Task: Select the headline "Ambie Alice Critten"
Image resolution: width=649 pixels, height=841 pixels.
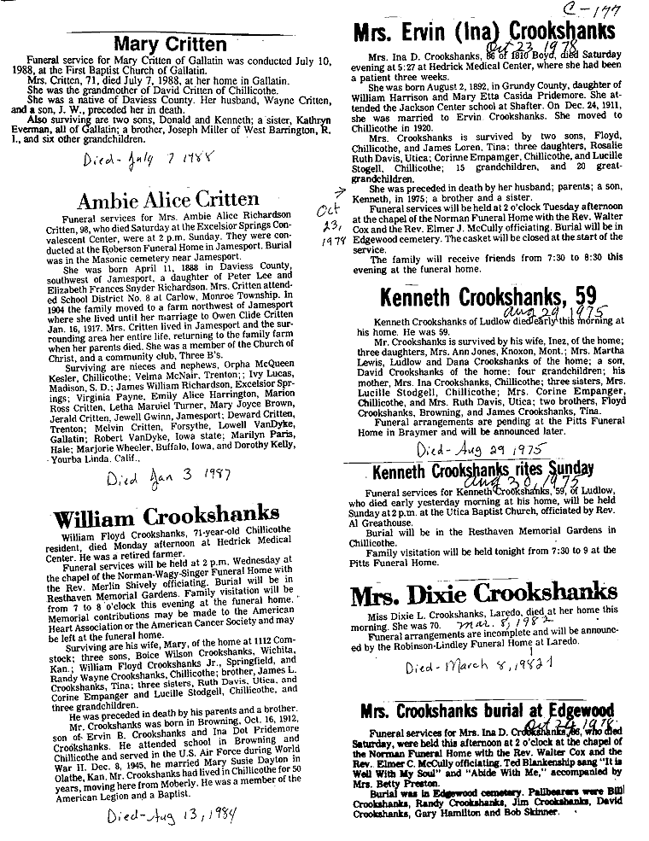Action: [167, 201]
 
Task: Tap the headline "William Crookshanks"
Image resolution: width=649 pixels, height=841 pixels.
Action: [167, 517]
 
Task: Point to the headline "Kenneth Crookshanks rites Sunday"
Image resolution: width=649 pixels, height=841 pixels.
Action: [483, 469]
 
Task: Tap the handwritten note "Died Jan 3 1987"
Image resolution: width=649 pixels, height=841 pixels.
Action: [163, 475]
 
